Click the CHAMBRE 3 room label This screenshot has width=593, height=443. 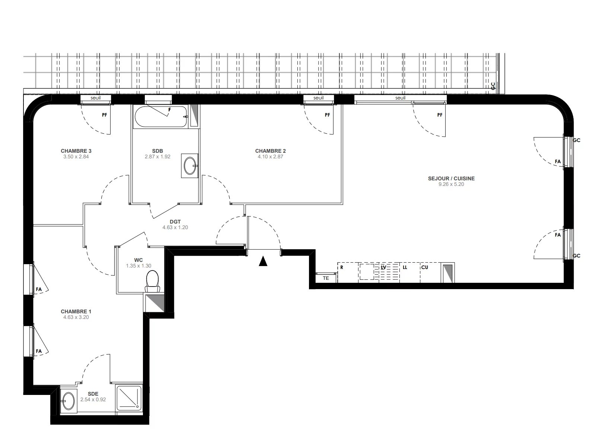pyautogui.click(x=76, y=151)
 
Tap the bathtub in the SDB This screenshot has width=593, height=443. pyautogui.click(x=161, y=117)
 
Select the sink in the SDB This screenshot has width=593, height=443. pyautogui.click(x=189, y=166)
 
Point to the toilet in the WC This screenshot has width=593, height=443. pyautogui.click(x=152, y=281)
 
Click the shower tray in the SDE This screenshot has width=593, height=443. pyautogui.click(x=128, y=399)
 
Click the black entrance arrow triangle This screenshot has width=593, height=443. pyautogui.click(x=263, y=262)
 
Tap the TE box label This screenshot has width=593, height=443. pyautogui.click(x=326, y=278)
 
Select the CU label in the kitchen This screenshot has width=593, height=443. pyautogui.click(x=424, y=267)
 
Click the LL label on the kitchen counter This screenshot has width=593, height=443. pyautogui.click(x=405, y=267)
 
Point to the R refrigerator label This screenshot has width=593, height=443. pyautogui.click(x=342, y=267)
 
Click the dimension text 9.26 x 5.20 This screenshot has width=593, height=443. pyautogui.click(x=451, y=184)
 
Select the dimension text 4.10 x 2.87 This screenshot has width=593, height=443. pyautogui.click(x=270, y=156)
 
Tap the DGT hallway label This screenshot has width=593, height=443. pyautogui.click(x=175, y=222)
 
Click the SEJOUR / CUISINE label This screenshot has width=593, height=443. pyautogui.click(x=451, y=178)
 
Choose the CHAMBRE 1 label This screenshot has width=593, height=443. pyautogui.click(x=76, y=311)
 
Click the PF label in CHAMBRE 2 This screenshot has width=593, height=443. pyautogui.click(x=328, y=115)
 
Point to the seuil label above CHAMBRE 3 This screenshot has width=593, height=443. pyautogui.click(x=95, y=98)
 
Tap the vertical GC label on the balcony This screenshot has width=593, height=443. pyautogui.click(x=493, y=86)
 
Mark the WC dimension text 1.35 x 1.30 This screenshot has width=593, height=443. pyautogui.click(x=138, y=266)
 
